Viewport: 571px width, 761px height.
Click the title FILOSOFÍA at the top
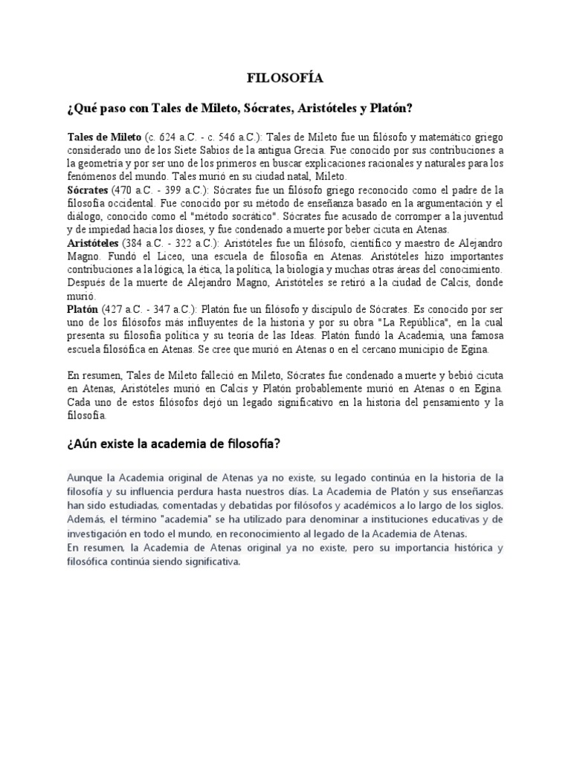point(285,77)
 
